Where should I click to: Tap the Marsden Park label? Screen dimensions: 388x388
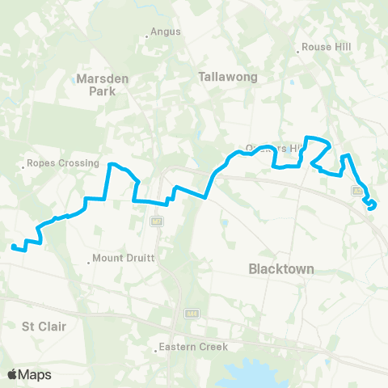coord(97,85)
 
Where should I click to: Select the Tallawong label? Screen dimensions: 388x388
coord(227,78)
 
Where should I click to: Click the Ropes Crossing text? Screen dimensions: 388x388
coord(63,162)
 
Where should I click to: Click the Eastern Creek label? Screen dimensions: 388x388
coord(194,348)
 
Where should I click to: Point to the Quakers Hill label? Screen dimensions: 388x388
coord(275,149)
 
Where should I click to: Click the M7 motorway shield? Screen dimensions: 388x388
coord(156,221)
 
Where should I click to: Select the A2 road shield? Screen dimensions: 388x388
coord(356,191)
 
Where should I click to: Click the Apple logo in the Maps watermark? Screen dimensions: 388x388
coord(13,374)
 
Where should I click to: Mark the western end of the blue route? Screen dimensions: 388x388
coord(13,246)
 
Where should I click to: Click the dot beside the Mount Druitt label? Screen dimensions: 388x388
coord(89,261)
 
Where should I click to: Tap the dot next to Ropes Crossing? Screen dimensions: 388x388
coord(23,168)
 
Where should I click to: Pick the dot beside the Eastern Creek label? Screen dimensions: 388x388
coord(156,350)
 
